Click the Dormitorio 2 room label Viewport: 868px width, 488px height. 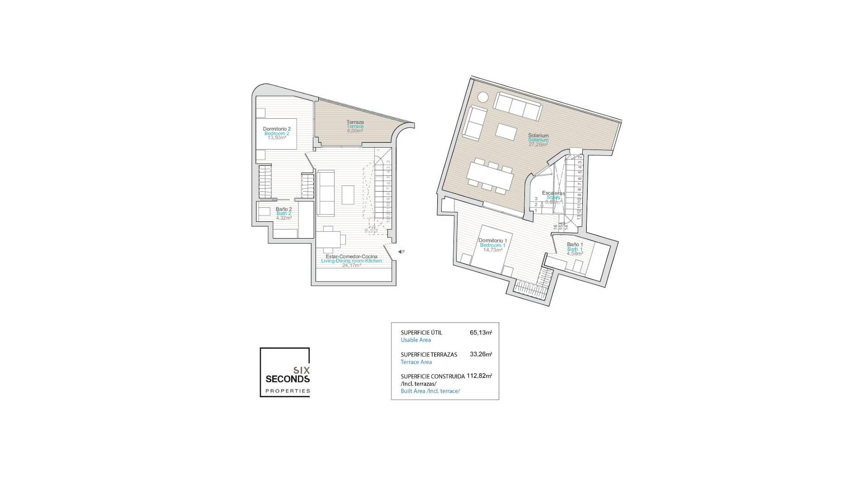click(277, 129)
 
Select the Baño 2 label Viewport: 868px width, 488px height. click(283, 209)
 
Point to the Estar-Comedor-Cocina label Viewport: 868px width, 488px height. click(351, 257)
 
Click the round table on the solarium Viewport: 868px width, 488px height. click(482, 97)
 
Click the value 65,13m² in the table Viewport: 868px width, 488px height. click(481, 333)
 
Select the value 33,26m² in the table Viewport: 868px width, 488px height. click(481, 354)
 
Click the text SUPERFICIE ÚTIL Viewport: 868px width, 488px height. click(421, 333)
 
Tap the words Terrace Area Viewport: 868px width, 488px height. click(416, 362)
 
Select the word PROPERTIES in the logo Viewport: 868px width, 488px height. click(288, 391)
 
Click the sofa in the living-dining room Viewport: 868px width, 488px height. click(325, 192)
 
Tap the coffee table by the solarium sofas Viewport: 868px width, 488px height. click(506, 131)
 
